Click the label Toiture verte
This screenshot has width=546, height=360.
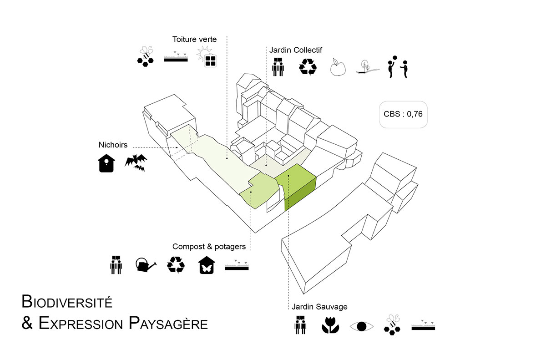click(194, 39)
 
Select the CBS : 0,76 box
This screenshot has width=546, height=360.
click(403, 114)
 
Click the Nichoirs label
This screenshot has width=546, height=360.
click(113, 145)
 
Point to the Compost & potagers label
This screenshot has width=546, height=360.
click(209, 247)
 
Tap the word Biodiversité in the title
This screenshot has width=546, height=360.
click(67, 301)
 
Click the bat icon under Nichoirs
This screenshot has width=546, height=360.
click(136, 163)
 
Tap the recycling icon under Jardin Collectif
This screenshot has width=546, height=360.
click(308, 66)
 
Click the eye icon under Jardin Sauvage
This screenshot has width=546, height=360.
click(362, 326)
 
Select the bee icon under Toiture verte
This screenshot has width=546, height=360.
click(145, 56)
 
